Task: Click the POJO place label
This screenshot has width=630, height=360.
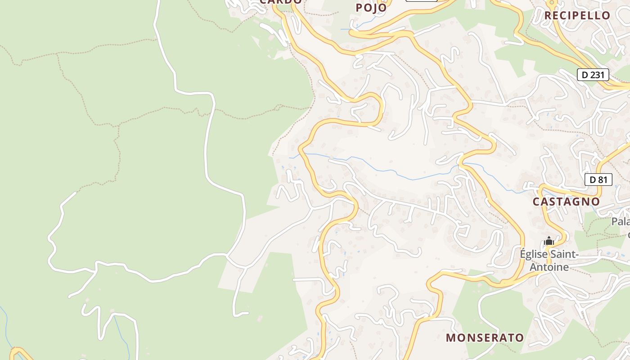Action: (x=371, y=8)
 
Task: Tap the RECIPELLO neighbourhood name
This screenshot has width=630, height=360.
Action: (x=577, y=15)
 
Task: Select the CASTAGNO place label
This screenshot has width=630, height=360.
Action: (x=566, y=202)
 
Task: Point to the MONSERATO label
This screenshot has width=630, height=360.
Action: (x=485, y=337)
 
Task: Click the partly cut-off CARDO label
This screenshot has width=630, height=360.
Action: (x=280, y=2)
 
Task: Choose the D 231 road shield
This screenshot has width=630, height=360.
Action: (x=593, y=75)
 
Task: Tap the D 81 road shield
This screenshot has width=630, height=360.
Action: (x=598, y=180)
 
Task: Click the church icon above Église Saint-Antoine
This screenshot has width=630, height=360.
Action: (x=549, y=241)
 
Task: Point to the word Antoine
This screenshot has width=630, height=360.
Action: (x=549, y=267)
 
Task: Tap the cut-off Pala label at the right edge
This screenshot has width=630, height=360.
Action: (x=621, y=222)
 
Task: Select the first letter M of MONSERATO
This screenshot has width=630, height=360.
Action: (x=450, y=337)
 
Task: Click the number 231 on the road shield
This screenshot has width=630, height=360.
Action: (x=597, y=75)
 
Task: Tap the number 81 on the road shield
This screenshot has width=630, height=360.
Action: (x=602, y=180)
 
